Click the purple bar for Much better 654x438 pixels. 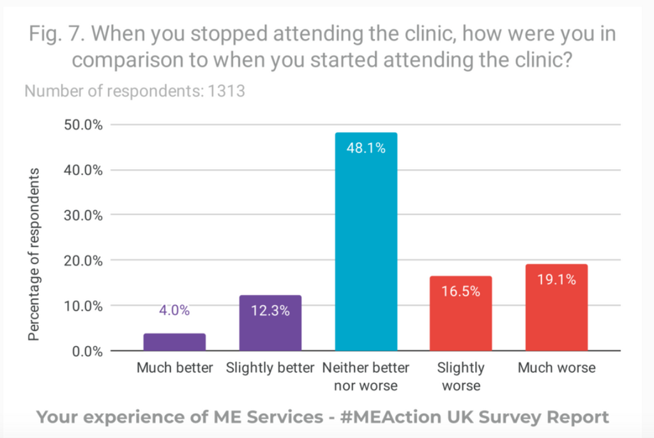[174, 342]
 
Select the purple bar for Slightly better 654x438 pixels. [270, 323]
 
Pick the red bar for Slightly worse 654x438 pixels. [461, 313]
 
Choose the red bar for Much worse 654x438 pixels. [556, 307]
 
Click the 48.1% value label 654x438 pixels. [367, 148]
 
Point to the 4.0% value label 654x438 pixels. [175, 311]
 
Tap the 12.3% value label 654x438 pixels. [271, 311]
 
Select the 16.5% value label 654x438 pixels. [461, 292]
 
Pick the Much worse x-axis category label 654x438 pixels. [556, 368]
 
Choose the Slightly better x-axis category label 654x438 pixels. [270, 368]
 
